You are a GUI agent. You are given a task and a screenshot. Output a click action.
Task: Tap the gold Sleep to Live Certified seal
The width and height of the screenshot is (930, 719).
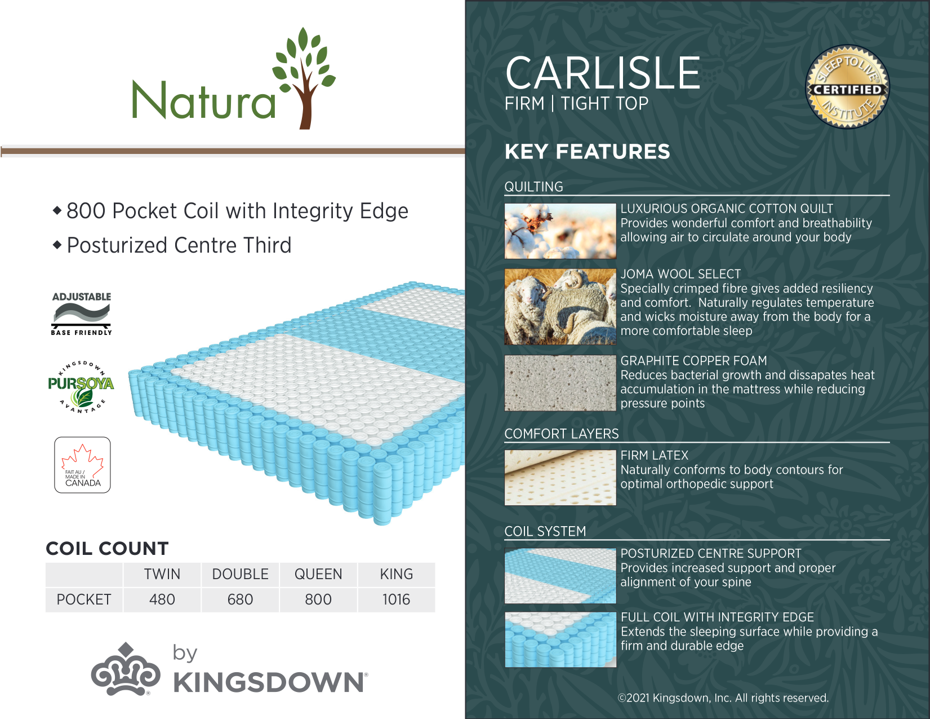(847, 87)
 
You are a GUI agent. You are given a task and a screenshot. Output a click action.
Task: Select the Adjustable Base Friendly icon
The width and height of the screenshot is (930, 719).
(81, 314)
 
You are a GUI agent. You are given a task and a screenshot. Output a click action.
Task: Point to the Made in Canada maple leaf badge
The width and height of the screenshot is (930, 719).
(82, 465)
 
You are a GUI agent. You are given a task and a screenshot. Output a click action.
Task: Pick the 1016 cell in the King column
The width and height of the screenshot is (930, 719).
(397, 599)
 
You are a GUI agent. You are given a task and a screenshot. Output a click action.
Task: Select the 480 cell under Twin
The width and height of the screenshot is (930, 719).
(162, 599)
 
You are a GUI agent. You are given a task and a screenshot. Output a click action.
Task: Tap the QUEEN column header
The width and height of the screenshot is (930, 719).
(318, 574)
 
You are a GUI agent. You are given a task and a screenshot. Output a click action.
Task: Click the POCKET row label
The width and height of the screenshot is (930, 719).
(84, 599)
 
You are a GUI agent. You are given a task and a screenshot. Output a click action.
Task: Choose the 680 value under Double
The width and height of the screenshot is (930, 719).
(240, 599)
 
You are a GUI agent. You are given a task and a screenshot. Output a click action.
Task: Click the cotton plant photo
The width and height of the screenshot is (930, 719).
(560, 231)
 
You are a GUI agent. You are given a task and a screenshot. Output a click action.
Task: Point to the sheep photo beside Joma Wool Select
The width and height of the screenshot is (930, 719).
(560, 307)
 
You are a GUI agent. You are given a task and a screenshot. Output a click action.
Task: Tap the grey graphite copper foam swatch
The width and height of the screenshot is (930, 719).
(560, 383)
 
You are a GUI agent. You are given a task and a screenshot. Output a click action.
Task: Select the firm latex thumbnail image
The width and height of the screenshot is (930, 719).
(560, 477)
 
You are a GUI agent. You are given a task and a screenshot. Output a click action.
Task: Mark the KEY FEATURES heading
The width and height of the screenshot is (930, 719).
(587, 152)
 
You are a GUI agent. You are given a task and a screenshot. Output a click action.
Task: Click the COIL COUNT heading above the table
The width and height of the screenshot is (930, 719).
(107, 549)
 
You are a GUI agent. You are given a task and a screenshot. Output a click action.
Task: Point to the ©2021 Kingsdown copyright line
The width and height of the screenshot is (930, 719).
(723, 698)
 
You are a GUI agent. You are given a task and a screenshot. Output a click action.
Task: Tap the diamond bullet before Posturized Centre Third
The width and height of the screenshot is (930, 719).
(57, 245)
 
